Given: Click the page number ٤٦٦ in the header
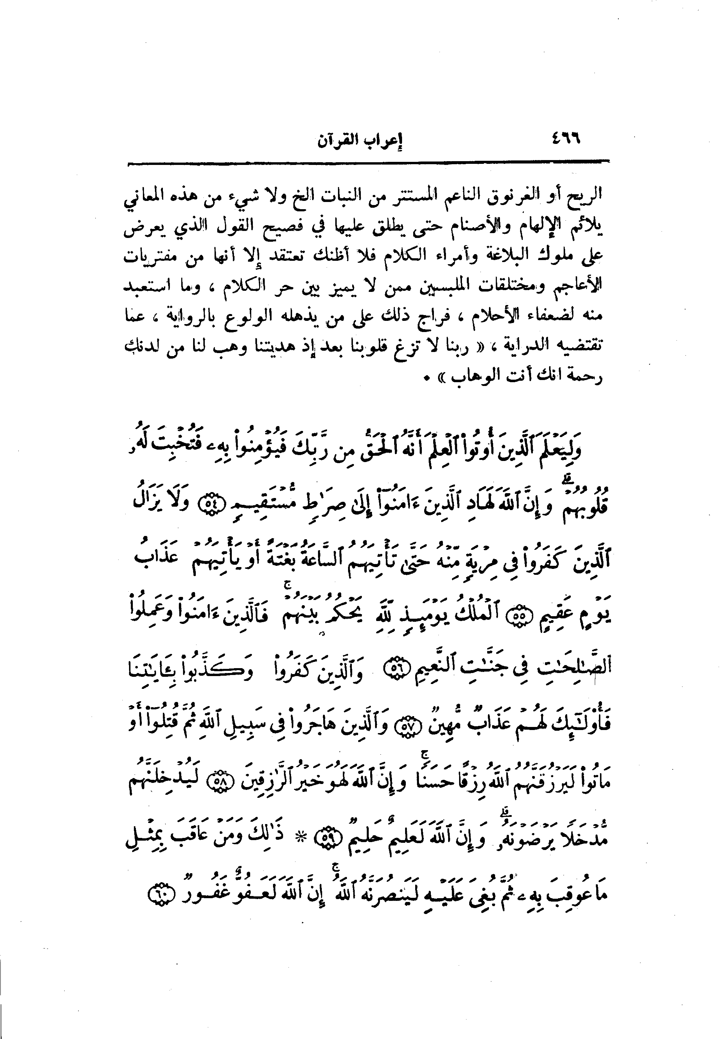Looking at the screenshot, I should pos(565,138).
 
